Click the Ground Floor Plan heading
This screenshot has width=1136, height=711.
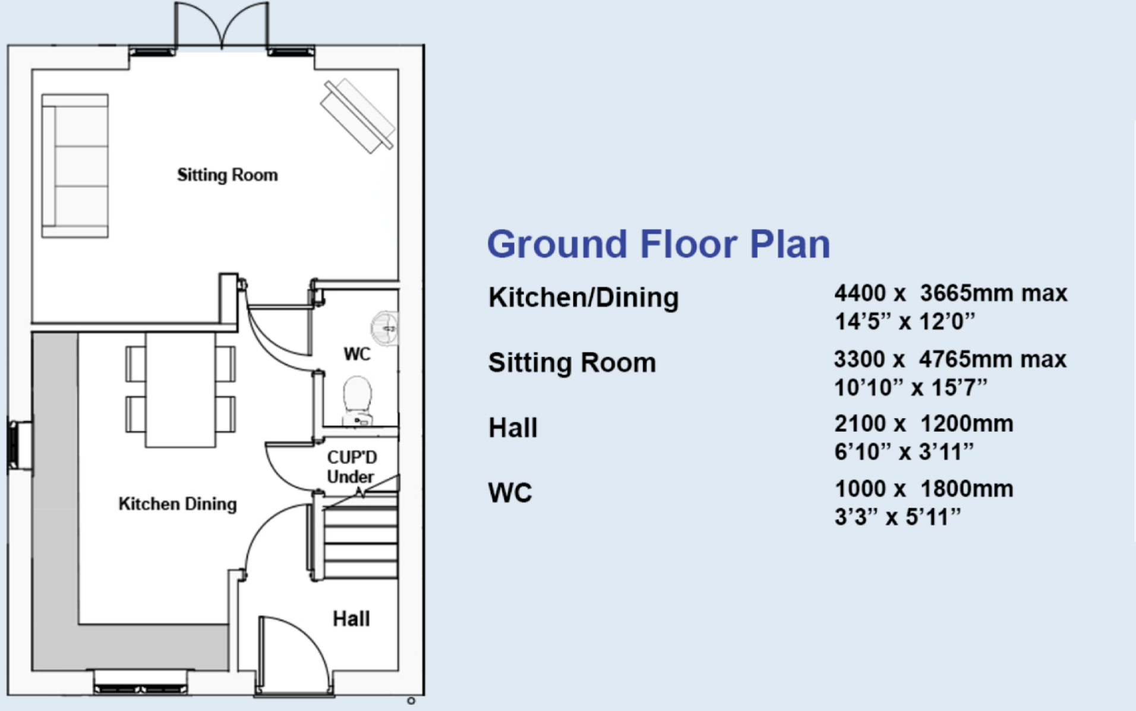658,244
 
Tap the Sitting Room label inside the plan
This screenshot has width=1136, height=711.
227,175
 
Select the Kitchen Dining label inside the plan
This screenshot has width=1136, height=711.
177,504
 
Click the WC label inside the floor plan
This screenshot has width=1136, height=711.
356,355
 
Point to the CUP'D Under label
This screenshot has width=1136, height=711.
351,467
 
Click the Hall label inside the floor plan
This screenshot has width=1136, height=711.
351,619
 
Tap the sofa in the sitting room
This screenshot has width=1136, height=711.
75,166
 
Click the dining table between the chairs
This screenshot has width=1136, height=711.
180,389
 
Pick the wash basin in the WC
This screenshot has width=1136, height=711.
385,327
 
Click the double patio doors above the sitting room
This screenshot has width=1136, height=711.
222,27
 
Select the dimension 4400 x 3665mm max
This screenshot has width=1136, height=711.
951,293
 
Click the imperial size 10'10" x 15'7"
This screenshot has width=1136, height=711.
910,388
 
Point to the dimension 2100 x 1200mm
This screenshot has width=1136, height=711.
923,424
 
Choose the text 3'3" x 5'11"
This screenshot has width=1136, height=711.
897,517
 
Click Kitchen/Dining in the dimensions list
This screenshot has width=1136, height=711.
583,298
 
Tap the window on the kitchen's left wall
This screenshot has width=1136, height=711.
20,444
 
